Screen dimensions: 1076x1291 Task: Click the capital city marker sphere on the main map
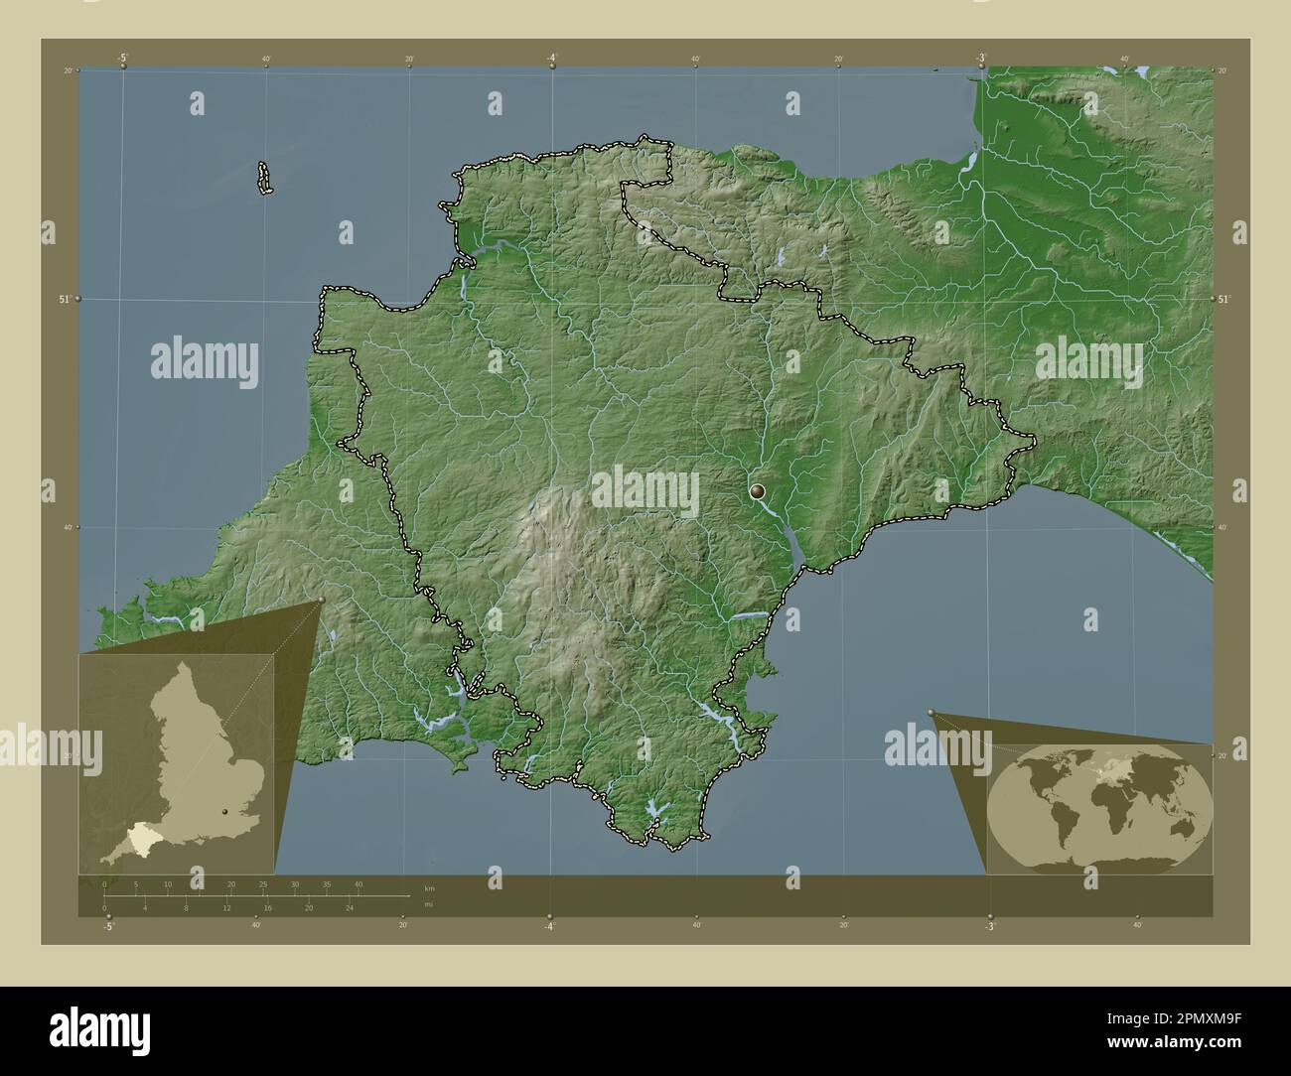pyautogui.click(x=759, y=490)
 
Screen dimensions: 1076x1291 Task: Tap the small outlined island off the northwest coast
pyautogui.click(x=265, y=179)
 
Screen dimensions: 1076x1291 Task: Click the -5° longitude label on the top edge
pyautogui.click(x=122, y=59)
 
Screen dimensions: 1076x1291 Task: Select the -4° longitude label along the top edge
pyautogui.click(x=552, y=59)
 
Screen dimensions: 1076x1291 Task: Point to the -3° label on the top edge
pyautogui.click(x=980, y=59)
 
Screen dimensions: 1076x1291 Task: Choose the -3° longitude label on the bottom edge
pyautogui.click(x=989, y=926)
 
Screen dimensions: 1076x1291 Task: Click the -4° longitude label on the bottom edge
pyautogui.click(x=549, y=926)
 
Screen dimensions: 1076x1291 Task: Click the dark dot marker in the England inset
pyautogui.click(x=225, y=812)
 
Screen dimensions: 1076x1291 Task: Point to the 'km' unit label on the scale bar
pyautogui.click(x=429, y=888)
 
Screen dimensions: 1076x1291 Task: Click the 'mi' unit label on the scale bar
pyautogui.click(x=428, y=905)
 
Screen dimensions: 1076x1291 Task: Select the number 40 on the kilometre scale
pyautogui.click(x=359, y=883)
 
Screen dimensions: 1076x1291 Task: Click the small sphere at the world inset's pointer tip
pyautogui.click(x=931, y=712)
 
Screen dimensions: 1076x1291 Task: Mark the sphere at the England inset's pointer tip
pyautogui.click(x=321, y=600)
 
